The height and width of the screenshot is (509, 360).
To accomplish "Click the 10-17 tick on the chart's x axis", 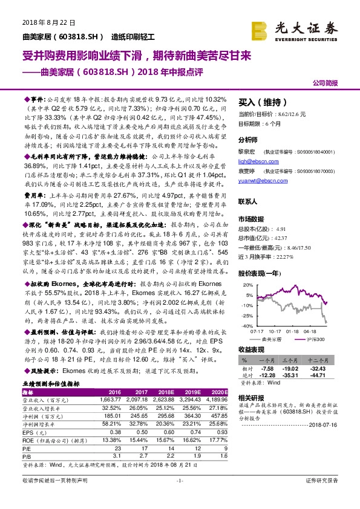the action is (x=274, y=331).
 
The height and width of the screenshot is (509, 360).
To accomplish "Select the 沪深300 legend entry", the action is (x=314, y=340).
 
